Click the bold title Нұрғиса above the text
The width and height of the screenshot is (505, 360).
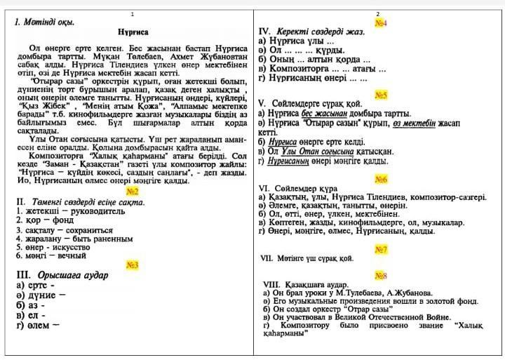133,32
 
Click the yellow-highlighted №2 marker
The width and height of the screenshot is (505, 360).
132,191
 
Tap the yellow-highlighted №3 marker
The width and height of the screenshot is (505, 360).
133,265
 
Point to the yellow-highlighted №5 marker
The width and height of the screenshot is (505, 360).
381,95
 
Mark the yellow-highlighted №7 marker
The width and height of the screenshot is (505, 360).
381,249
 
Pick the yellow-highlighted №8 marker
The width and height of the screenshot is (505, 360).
381,275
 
